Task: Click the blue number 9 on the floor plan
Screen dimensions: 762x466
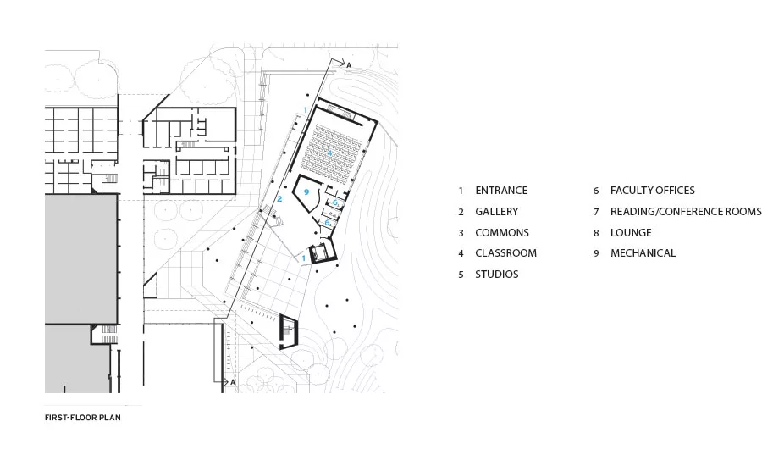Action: click(306, 192)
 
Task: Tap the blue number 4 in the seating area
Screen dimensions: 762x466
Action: click(329, 153)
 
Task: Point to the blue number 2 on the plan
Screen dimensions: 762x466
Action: click(279, 199)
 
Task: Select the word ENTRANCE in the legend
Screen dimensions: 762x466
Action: click(501, 190)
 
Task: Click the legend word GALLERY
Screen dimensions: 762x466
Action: click(497, 212)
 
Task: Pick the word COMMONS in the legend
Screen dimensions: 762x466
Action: click(502, 232)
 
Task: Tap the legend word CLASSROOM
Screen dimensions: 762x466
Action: click(506, 253)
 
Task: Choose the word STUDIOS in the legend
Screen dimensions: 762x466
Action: click(497, 275)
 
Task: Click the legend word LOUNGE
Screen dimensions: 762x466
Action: click(631, 232)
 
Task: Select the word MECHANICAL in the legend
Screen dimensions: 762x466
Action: click(643, 253)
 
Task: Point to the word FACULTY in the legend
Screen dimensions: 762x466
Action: click(628, 190)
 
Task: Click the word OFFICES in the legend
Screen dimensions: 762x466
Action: click(672, 190)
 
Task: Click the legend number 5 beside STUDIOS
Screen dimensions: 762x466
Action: click(461, 275)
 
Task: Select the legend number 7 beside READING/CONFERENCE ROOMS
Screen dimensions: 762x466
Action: click(596, 212)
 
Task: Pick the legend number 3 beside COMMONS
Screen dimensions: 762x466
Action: click(461, 233)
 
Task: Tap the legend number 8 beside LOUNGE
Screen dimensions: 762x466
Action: click(596, 233)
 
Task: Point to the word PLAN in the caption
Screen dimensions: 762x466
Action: click(113, 418)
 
